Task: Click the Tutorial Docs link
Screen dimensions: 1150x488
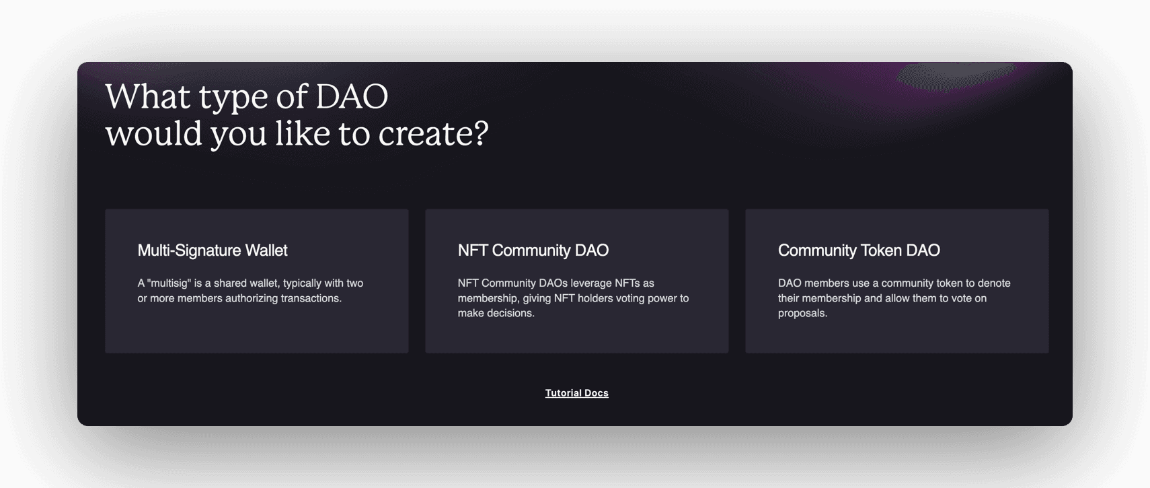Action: click(576, 393)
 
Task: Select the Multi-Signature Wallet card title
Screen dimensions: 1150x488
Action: click(213, 250)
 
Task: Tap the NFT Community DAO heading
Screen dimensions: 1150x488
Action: click(533, 250)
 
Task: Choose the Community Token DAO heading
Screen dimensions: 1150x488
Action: click(859, 250)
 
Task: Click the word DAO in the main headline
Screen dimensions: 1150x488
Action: click(352, 96)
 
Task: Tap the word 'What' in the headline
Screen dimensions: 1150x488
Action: click(148, 96)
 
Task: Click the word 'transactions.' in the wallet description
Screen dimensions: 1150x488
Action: click(311, 298)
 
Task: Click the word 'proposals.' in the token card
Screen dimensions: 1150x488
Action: click(802, 313)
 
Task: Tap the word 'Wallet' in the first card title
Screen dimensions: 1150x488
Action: click(266, 250)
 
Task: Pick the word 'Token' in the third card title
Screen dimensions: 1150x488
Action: click(881, 250)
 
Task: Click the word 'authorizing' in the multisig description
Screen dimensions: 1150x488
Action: click(252, 298)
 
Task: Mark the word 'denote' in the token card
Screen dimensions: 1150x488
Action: click(994, 283)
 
